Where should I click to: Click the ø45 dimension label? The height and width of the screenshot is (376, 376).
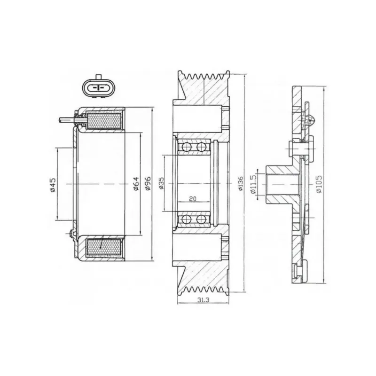pyautogui.click(x=53, y=185)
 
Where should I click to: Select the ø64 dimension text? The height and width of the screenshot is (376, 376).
pyautogui.click(x=136, y=184)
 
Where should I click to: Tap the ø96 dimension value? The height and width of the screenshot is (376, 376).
pyautogui.click(x=148, y=183)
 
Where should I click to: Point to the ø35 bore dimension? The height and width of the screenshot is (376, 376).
pyautogui.click(x=162, y=183)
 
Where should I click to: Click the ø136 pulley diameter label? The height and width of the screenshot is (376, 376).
pyautogui.click(x=241, y=184)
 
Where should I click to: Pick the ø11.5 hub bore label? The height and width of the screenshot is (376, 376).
pyautogui.click(x=253, y=184)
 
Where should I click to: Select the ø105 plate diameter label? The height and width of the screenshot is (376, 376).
pyautogui.click(x=319, y=184)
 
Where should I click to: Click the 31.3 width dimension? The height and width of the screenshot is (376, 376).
pyautogui.click(x=204, y=300)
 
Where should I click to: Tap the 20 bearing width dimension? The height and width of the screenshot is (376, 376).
pyautogui.click(x=193, y=199)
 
